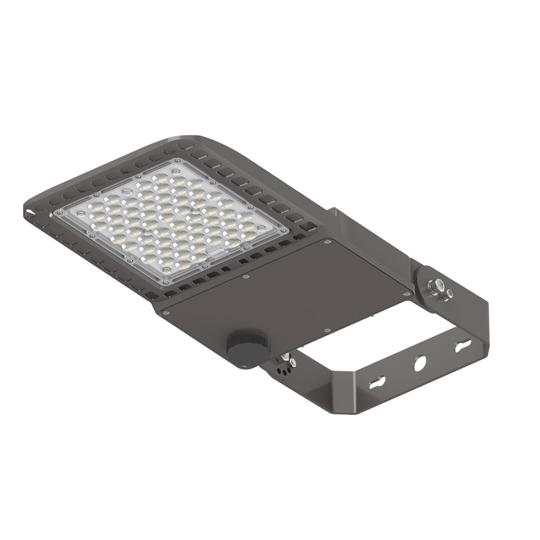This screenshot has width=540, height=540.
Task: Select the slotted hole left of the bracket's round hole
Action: pos(378,381)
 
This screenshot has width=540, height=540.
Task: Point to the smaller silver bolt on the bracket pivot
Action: pos(447,294)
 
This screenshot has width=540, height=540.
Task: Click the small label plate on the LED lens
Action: pos(216,252)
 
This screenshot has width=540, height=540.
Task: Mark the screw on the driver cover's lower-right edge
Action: pos(327,331)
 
